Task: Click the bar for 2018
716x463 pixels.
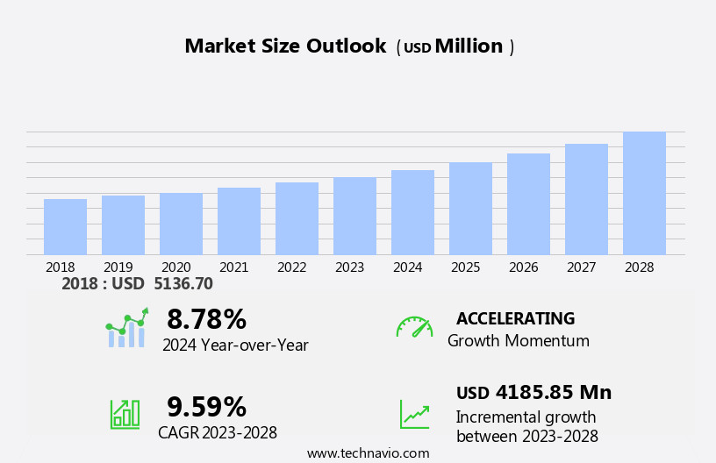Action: click(65, 227)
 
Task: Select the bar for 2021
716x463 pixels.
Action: click(239, 221)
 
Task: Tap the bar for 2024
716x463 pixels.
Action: click(412, 212)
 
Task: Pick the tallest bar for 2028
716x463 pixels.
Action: click(644, 193)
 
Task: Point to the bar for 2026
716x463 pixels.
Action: click(528, 204)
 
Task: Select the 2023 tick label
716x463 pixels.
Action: click(349, 267)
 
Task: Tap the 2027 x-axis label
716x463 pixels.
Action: click(581, 267)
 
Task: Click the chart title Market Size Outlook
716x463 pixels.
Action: click(285, 46)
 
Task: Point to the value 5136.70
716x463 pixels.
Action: click(183, 284)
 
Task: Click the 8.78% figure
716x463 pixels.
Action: click(206, 319)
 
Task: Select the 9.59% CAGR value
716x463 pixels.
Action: click(206, 407)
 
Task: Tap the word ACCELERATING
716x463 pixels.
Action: click(515, 319)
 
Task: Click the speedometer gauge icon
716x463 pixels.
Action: click(414, 327)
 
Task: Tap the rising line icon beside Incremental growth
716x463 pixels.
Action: click(414, 414)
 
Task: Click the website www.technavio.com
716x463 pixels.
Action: click(368, 453)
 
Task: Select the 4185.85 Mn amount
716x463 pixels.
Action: click(553, 393)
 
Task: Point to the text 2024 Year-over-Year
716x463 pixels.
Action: click(235, 345)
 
